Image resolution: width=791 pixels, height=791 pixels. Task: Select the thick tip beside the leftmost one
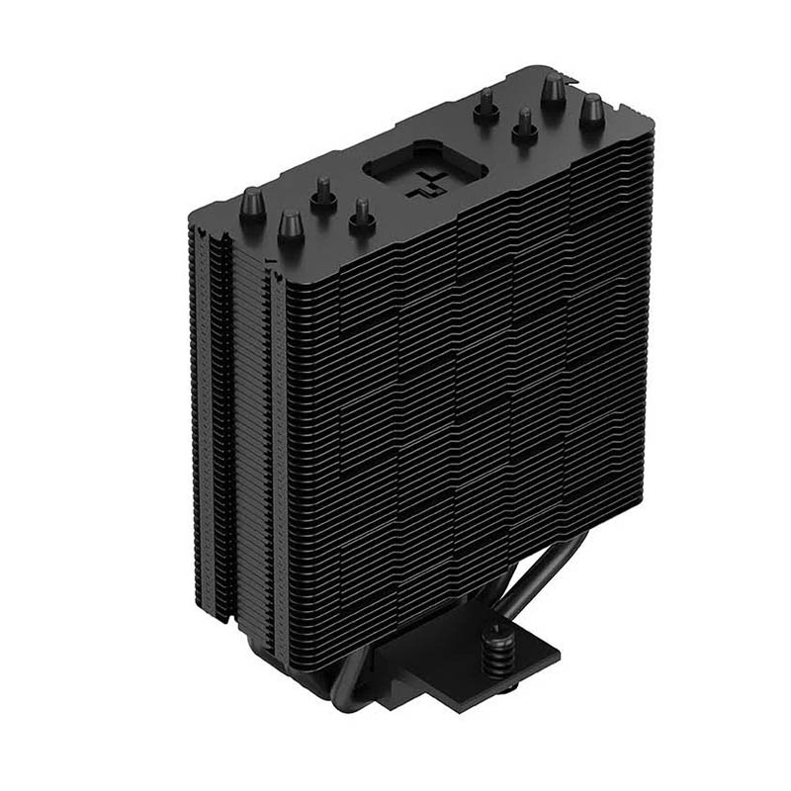click(291, 228)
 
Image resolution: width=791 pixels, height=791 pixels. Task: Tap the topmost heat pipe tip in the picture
click(555, 92)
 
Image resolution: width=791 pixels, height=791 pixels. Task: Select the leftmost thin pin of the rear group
click(485, 105)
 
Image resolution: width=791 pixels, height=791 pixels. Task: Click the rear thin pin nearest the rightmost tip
click(525, 125)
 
